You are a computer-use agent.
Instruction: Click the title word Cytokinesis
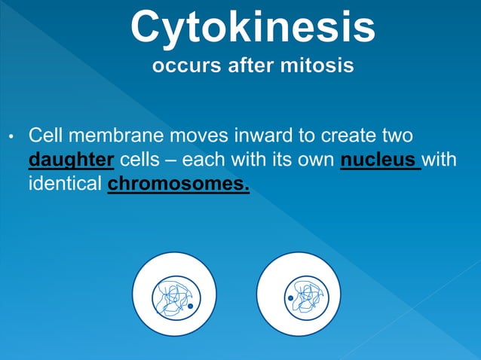[x=252, y=27]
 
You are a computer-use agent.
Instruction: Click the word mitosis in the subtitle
[x=317, y=66]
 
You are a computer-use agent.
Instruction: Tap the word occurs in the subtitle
[x=183, y=66]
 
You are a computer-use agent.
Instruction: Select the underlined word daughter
[x=71, y=160]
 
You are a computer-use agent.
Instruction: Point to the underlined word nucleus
[x=379, y=160]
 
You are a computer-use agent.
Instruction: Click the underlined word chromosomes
[x=178, y=183]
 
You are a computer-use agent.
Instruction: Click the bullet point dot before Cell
[x=11, y=138]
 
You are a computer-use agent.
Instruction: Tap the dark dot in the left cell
[x=190, y=307]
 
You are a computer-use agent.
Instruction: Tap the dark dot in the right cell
[x=290, y=299]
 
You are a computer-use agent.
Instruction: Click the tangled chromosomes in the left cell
[x=172, y=297]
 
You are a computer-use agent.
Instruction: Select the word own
[x=318, y=160]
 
